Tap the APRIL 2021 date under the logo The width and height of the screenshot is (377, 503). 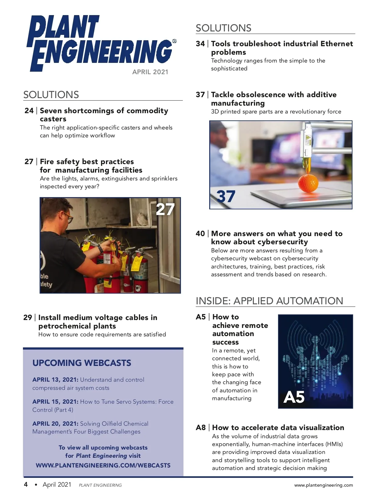click(x=150, y=72)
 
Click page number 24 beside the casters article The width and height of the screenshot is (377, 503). click(x=29, y=111)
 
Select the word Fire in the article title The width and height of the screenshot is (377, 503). click(x=47, y=162)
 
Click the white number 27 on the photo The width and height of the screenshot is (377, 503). click(x=165, y=209)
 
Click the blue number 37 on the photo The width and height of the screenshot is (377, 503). click(x=226, y=196)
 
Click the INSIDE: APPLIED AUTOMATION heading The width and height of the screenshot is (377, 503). click(x=269, y=301)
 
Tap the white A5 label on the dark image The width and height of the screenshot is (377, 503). click(x=294, y=397)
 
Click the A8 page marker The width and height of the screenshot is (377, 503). click(x=200, y=428)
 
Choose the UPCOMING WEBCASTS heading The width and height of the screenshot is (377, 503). click(x=82, y=363)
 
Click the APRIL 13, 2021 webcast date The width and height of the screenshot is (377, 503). click(x=55, y=380)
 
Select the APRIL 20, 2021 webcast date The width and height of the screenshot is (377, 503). click(x=55, y=424)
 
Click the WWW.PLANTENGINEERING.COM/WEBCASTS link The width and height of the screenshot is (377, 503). click(x=103, y=465)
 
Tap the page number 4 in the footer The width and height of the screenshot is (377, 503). click(x=26, y=484)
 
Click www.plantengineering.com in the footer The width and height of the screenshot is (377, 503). click(x=323, y=485)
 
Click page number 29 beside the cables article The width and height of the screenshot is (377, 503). click(x=28, y=318)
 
